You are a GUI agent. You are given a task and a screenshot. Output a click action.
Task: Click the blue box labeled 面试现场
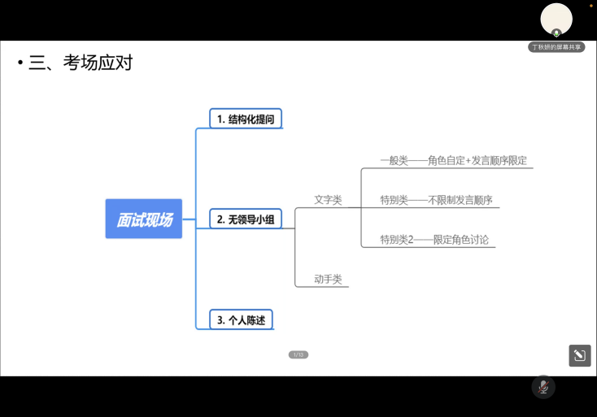144,219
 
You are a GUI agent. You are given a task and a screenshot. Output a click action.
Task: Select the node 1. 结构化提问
245,119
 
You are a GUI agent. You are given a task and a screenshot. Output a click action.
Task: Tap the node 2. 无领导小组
245,219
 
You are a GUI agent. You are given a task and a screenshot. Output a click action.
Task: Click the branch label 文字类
328,199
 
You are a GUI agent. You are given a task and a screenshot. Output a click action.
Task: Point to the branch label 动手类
328,279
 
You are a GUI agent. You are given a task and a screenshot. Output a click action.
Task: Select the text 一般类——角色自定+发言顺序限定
453,160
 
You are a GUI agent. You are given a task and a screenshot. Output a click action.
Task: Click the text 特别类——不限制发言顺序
437,200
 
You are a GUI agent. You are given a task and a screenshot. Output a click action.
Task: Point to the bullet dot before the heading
20,63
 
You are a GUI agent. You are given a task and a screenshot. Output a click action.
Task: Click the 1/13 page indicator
298,354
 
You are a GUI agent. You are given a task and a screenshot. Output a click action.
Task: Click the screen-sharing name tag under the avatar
556,47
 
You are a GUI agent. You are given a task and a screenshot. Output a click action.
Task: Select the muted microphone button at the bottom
543,387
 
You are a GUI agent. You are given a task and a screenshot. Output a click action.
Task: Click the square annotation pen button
579,355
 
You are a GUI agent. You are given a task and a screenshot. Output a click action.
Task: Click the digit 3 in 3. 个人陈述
220,320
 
